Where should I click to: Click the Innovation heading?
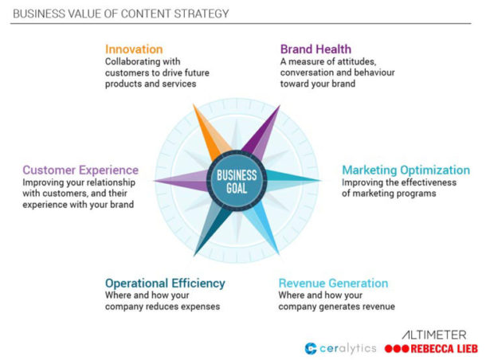[134, 49]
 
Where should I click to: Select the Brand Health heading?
[316, 49]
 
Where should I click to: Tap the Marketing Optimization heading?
[406, 170]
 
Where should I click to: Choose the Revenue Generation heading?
[333, 283]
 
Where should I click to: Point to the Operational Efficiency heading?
[165, 283]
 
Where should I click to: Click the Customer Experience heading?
[80, 170]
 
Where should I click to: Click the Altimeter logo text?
[436, 335]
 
